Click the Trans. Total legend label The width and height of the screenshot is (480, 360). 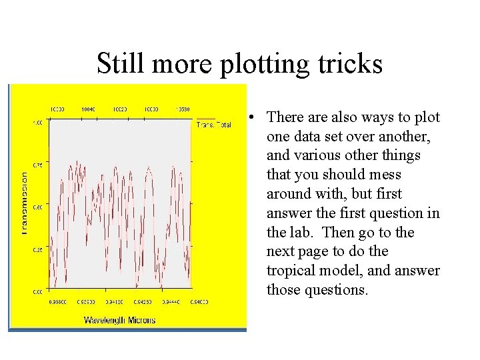click(213, 125)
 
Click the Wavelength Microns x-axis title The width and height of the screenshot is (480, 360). click(119, 320)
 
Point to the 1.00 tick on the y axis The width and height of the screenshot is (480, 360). click(38, 123)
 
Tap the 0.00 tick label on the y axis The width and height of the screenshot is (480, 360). click(38, 292)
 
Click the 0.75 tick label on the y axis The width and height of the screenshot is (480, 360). click(38, 165)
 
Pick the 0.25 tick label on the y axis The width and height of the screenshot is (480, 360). click(38, 249)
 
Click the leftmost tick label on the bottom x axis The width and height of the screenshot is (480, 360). click(59, 302)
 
